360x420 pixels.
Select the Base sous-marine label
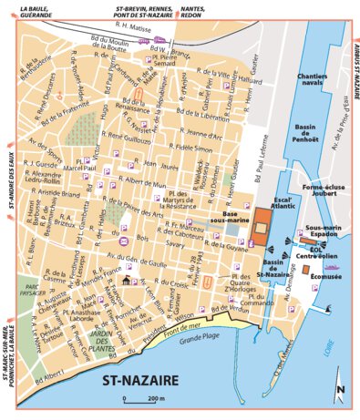(x=230, y=215)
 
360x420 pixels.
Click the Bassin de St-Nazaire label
(x=273, y=271)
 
